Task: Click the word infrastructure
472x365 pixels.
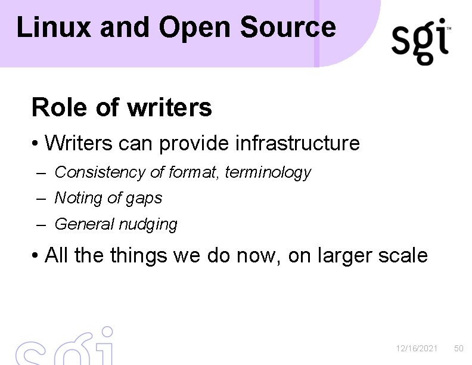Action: pyautogui.click(x=297, y=143)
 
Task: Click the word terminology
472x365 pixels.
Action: pyautogui.click(x=273, y=172)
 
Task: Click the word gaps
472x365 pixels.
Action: pyautogui.click(x=145, y=199)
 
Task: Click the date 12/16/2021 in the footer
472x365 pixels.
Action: pyautogui.click(x=417, y=348)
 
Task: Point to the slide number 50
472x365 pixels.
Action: pyautogui.click(x=458, y=348)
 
